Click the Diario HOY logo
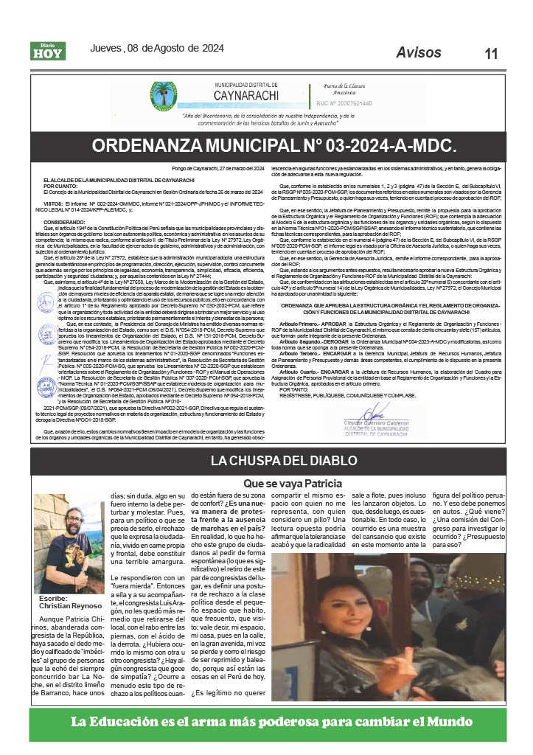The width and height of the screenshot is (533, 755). (48, 51)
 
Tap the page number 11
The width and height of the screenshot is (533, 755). (491, 54)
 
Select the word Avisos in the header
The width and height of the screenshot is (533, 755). (419, 52)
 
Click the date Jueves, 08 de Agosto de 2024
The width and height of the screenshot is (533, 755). (156, 49)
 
